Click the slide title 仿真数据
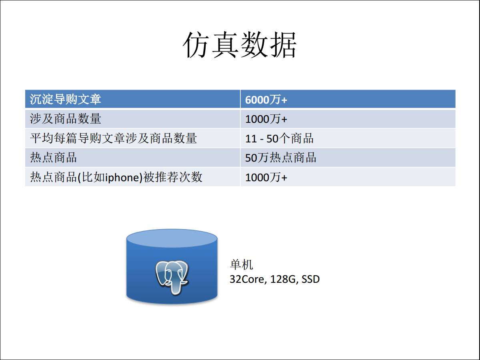[x=240, y=45]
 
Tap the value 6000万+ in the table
[x=266, y=100]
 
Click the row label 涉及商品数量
[x=65, y=119]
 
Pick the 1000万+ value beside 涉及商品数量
[x=266, y=119]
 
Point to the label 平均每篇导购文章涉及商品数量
[x=113, y=138]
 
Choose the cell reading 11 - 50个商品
[x=279, y=138]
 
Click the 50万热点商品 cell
[x=280, y=157]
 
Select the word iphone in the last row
[x=122, y=177]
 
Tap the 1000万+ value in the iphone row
[x=266, y=177]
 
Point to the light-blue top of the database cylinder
[x=172, y=238]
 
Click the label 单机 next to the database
[x=242, y=264]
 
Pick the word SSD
[x=310, y=279]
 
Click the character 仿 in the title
[x=196, y=45]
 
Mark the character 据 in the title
[x=284, y=45]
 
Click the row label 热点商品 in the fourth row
[x=53, y=157]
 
